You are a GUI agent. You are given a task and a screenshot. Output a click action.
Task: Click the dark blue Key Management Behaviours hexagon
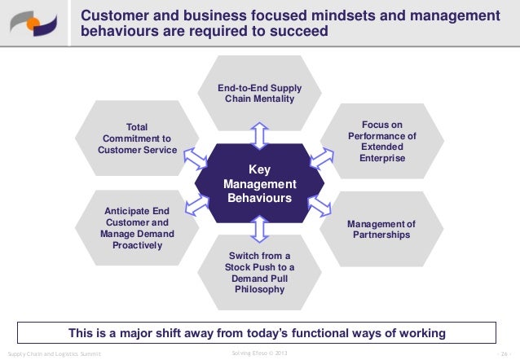coord(259,183)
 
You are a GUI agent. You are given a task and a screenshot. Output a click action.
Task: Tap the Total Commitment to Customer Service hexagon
coord(137,138)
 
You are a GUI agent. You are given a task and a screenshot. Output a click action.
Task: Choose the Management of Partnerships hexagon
coord(381,230)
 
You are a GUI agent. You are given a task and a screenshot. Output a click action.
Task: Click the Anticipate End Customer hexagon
coord(137,229)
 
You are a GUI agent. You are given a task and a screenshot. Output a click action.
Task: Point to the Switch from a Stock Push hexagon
coord(259,274)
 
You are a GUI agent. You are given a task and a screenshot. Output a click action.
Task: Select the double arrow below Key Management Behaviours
coord(259,231)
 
